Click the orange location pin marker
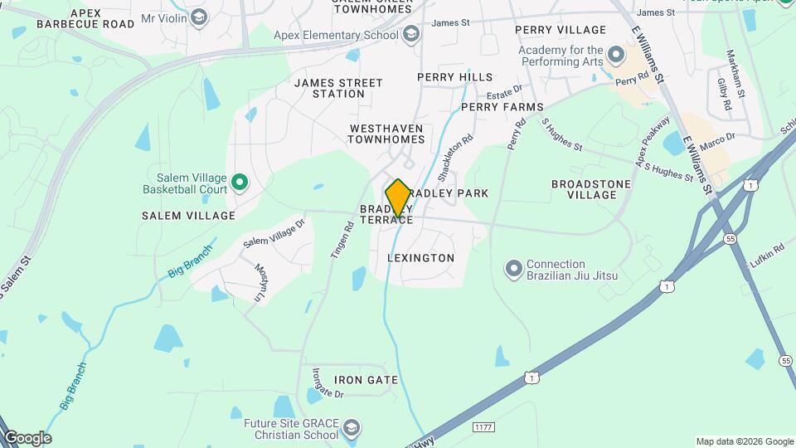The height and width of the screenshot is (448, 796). [x=398, y=197]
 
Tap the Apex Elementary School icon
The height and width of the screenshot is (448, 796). [x=411, y=35]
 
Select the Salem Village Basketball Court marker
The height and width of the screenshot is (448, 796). [x=240, y=182]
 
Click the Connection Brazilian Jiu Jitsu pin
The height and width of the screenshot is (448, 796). [x=514, y=269]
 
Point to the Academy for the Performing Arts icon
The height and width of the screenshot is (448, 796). [x=615, y=55]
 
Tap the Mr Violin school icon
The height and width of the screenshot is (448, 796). [x=198, y=17]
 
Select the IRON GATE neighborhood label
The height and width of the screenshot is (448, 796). [x=360, y=380]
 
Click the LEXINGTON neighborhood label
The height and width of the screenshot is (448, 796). [x=421, y=258]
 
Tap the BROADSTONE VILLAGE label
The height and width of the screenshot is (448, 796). [x=584, y=189]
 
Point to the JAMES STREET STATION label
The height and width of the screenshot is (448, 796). [x=338, y=88]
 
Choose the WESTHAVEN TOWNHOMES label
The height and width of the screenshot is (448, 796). [x=386, y=134]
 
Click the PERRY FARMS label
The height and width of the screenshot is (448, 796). [x=502, y=107]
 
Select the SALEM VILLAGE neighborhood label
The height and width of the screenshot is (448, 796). [x=188, y=216]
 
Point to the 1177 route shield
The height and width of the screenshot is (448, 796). [x=484, y=426]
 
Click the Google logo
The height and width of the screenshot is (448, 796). [x=27, y=438]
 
